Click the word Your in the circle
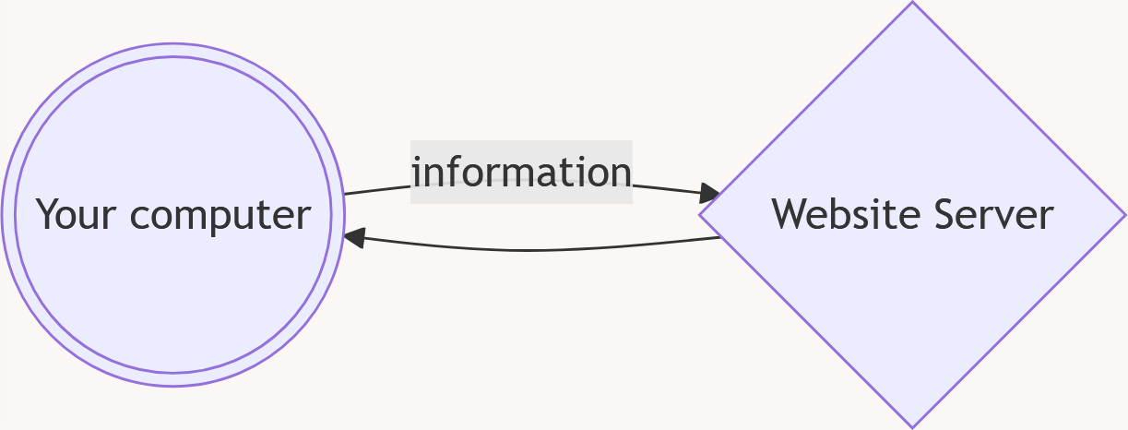[x=77, y=215]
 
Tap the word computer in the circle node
[x=220, y=216]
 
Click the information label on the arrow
[x=521, y=173]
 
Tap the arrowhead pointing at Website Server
[x=711, y=194]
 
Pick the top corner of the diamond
[x=912, y=5]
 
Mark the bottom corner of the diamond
[x=912, y=426]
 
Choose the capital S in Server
[x=945, y=214]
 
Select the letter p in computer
[x=226, y=219]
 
